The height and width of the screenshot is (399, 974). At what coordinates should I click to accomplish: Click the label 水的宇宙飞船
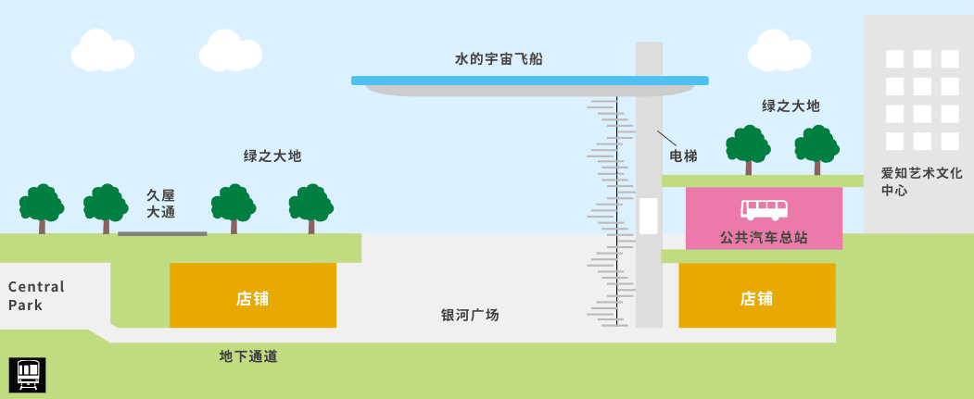pos(499,59)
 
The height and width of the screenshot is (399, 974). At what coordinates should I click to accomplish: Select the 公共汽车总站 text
pos(764,238)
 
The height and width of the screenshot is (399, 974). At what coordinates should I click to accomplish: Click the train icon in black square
pos(29,374)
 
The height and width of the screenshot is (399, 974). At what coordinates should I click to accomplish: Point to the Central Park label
pos(37,295)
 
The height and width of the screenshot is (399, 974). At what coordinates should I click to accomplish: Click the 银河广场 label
pos(470,315)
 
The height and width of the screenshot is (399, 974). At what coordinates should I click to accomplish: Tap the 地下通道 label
pos(248,356)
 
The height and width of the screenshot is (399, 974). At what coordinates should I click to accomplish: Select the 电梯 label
pos(683,157)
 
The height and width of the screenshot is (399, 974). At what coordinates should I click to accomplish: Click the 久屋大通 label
pos(161,204)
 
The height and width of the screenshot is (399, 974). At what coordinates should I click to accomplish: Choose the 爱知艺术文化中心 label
pos(908,181)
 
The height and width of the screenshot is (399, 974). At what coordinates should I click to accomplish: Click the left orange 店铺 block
pos(252,295)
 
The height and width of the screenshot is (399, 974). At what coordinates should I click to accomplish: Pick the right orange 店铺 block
pos(756,295)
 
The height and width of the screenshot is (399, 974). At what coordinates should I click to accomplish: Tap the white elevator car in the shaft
pos(648,216)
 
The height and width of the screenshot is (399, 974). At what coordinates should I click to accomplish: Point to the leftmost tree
pos(42,206)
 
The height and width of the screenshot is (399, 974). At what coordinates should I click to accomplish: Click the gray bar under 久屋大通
pos(162,233)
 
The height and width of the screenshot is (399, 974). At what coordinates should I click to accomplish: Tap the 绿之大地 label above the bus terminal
pos(791,106)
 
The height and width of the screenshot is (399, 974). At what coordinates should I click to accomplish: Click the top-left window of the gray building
pos(894,59)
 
